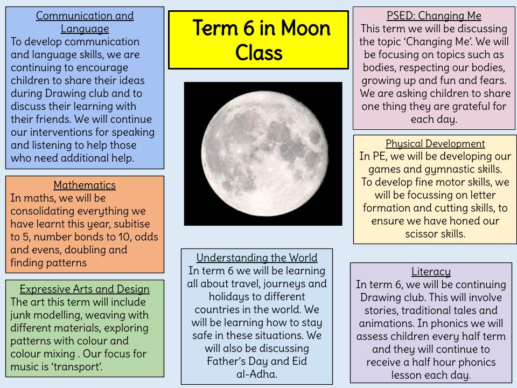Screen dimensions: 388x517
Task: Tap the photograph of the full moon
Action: coord(263,154)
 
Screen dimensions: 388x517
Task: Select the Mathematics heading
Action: coord(85,185)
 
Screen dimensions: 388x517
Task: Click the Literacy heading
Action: coord(431,272)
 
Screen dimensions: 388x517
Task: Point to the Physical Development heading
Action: coord(435,144)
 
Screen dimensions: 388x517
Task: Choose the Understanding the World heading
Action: coord(257,258)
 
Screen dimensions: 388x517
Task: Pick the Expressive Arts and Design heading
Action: coord(85,289)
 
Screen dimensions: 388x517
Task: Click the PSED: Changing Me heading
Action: coord(434,16)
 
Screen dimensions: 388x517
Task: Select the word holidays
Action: coord(211,296)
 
